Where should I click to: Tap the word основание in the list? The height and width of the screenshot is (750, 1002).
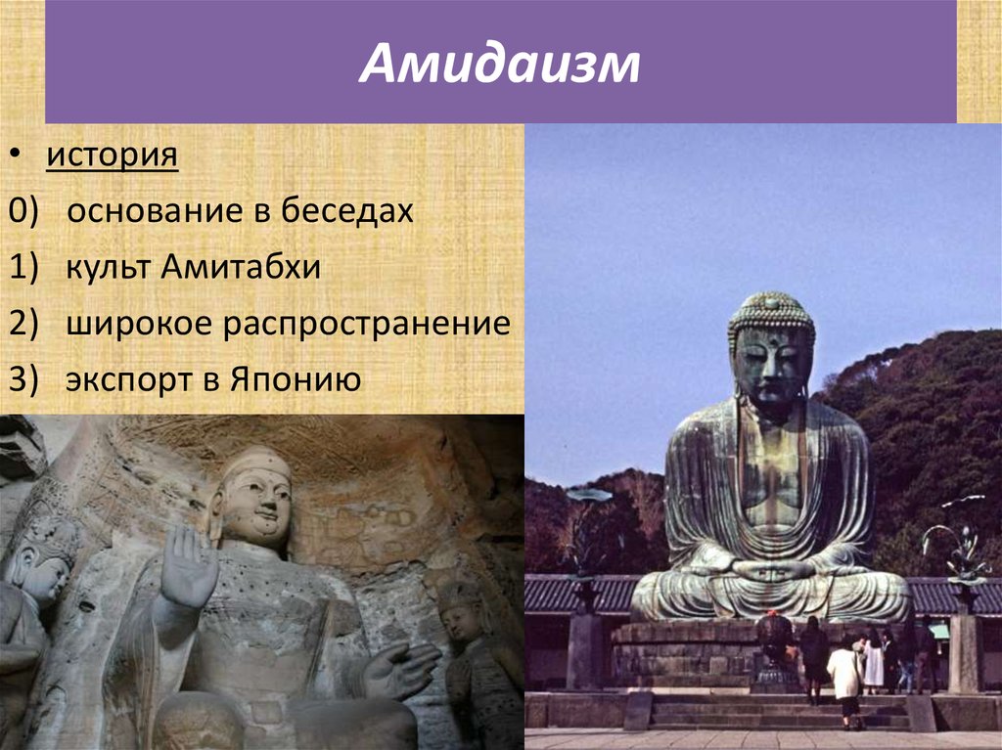click(171, 211)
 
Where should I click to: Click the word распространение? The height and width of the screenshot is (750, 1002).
click(365, 323)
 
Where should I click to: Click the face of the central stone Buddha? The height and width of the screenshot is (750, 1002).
click(257, 503)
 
